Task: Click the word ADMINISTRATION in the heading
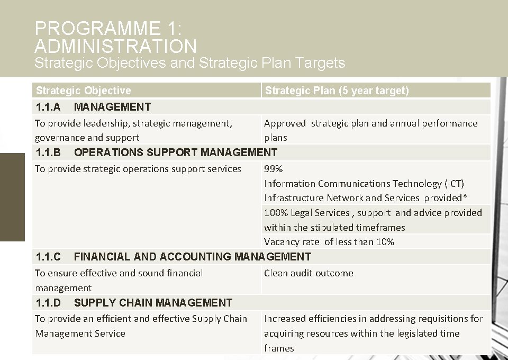pos(115,46)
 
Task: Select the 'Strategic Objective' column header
pos(83,91)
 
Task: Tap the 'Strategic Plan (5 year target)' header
pos(337,91)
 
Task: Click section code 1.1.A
pos(48,107)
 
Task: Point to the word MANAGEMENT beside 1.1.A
pos(112,107)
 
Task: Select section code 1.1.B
pos(48,152)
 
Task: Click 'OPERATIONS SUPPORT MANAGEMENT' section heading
pos(175,152)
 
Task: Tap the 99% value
pos(273,169)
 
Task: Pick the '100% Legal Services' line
pos(307,213)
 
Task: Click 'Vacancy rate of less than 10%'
pos(329,242)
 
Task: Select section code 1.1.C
pos(48,257)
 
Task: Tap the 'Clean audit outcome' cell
pos(308,273)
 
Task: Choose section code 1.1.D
pos(48,303)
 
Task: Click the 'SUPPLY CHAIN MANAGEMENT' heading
pos(153,303)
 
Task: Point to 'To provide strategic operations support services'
pos(138,169)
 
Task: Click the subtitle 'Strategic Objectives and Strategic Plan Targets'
pos(189,64)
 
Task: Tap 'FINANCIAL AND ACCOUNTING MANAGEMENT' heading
pos(192,257)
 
